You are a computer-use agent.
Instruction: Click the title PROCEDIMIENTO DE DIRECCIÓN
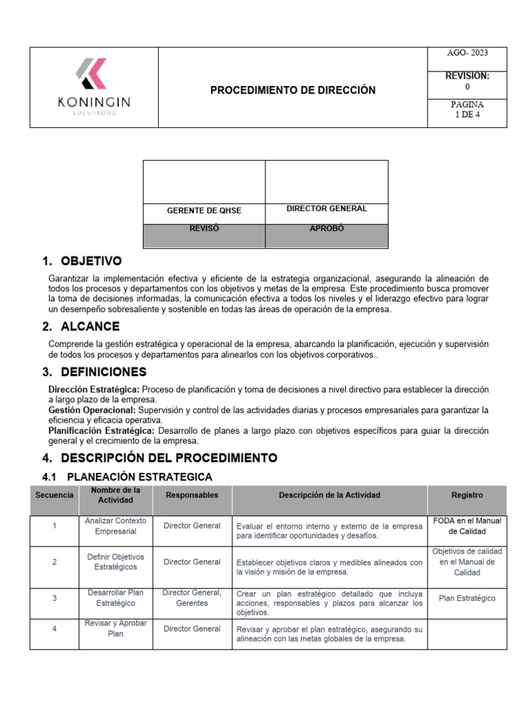coord(293,90)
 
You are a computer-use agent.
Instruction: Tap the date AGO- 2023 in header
coord(467,52)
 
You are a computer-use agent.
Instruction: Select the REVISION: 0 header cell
coord(467,81)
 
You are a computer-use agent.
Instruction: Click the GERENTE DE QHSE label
coord(204,210)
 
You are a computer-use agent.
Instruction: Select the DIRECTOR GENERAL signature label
coord(326,208)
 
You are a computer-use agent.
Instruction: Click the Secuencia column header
coord(54,495)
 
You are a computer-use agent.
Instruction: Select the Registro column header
coord(467,495)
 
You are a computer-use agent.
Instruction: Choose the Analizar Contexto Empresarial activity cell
coord(115,526)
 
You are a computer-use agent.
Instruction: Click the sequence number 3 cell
coord(54,598)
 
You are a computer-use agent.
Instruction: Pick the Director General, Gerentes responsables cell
coord(192,598)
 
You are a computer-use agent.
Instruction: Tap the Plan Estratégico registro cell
coord(467,598)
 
